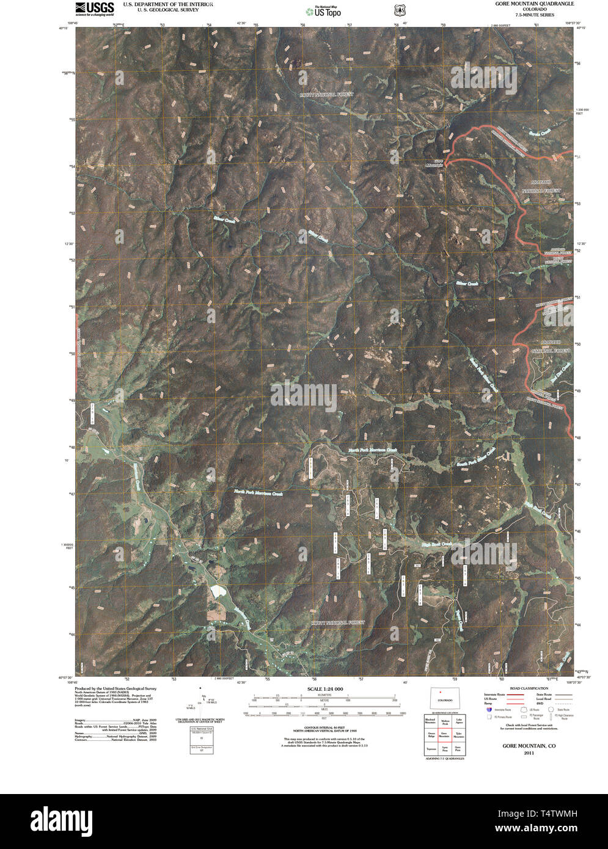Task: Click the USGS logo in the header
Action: [x=94, y=8]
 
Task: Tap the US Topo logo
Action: [x=323, y=12]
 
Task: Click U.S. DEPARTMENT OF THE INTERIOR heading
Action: [x=168, y=4]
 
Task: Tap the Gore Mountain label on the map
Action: [x=433, y=163]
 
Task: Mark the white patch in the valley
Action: [x=217, y=591]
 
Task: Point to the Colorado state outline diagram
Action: [x=445, y=698]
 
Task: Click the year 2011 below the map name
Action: [x=529, y=753]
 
